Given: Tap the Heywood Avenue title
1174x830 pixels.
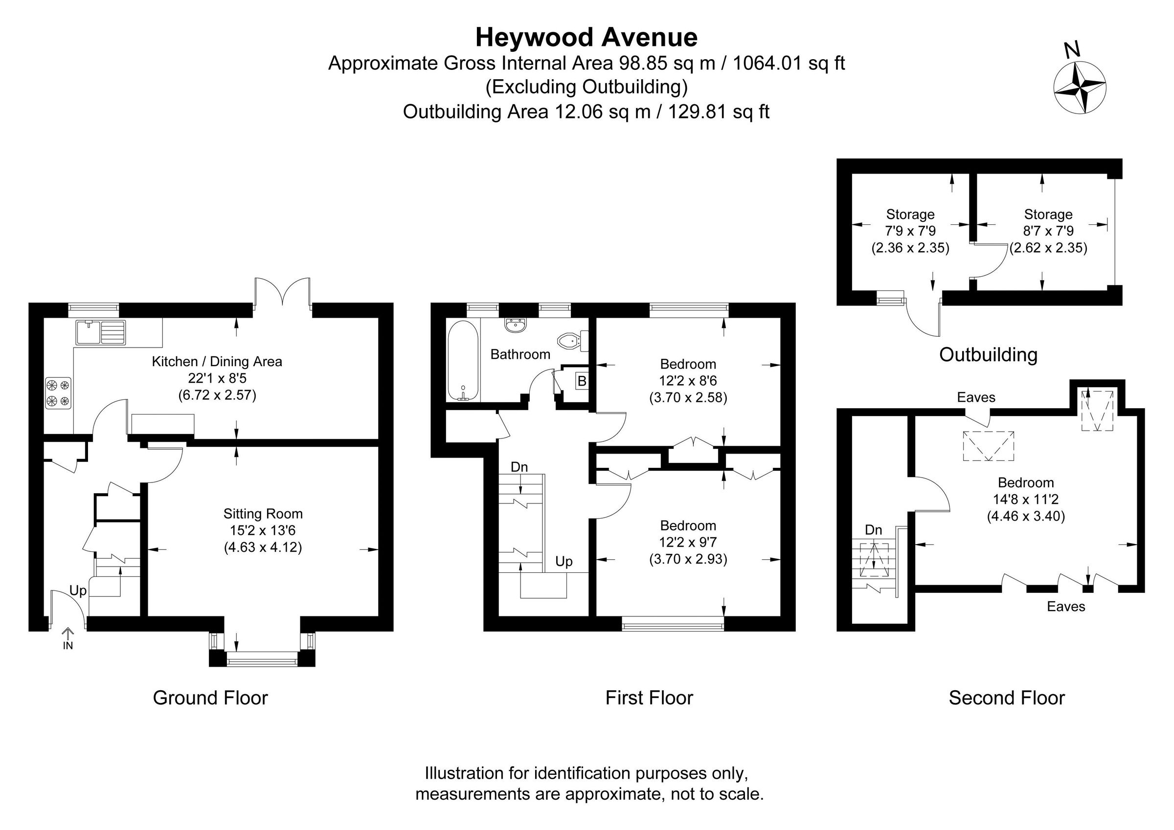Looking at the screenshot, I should pos(587,37).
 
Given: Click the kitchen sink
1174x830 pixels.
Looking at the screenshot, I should pos(101,332).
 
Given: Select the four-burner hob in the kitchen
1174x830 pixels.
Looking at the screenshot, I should pos(58,393).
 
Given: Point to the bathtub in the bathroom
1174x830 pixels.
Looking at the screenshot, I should pos(463,360).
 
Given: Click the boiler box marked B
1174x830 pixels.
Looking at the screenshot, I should pos(582,381).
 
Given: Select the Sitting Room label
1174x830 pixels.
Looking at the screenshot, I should pos(263,514).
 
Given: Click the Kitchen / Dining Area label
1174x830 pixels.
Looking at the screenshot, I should pos(217,362).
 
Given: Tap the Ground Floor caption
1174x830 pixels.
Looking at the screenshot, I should pos(210,698).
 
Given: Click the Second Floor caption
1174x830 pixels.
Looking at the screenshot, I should pos(1006,698).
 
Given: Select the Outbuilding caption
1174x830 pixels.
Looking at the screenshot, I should pos(988,355).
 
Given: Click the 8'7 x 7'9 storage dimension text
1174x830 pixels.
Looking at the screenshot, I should pos(1048,231).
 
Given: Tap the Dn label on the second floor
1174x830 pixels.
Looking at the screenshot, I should pos(873,530).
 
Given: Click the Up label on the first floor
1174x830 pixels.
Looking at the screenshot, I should pos(564,562).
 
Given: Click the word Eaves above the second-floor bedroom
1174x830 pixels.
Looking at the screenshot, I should pos(976,397).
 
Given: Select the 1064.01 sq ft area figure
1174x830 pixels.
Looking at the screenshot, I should pos(789,64).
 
